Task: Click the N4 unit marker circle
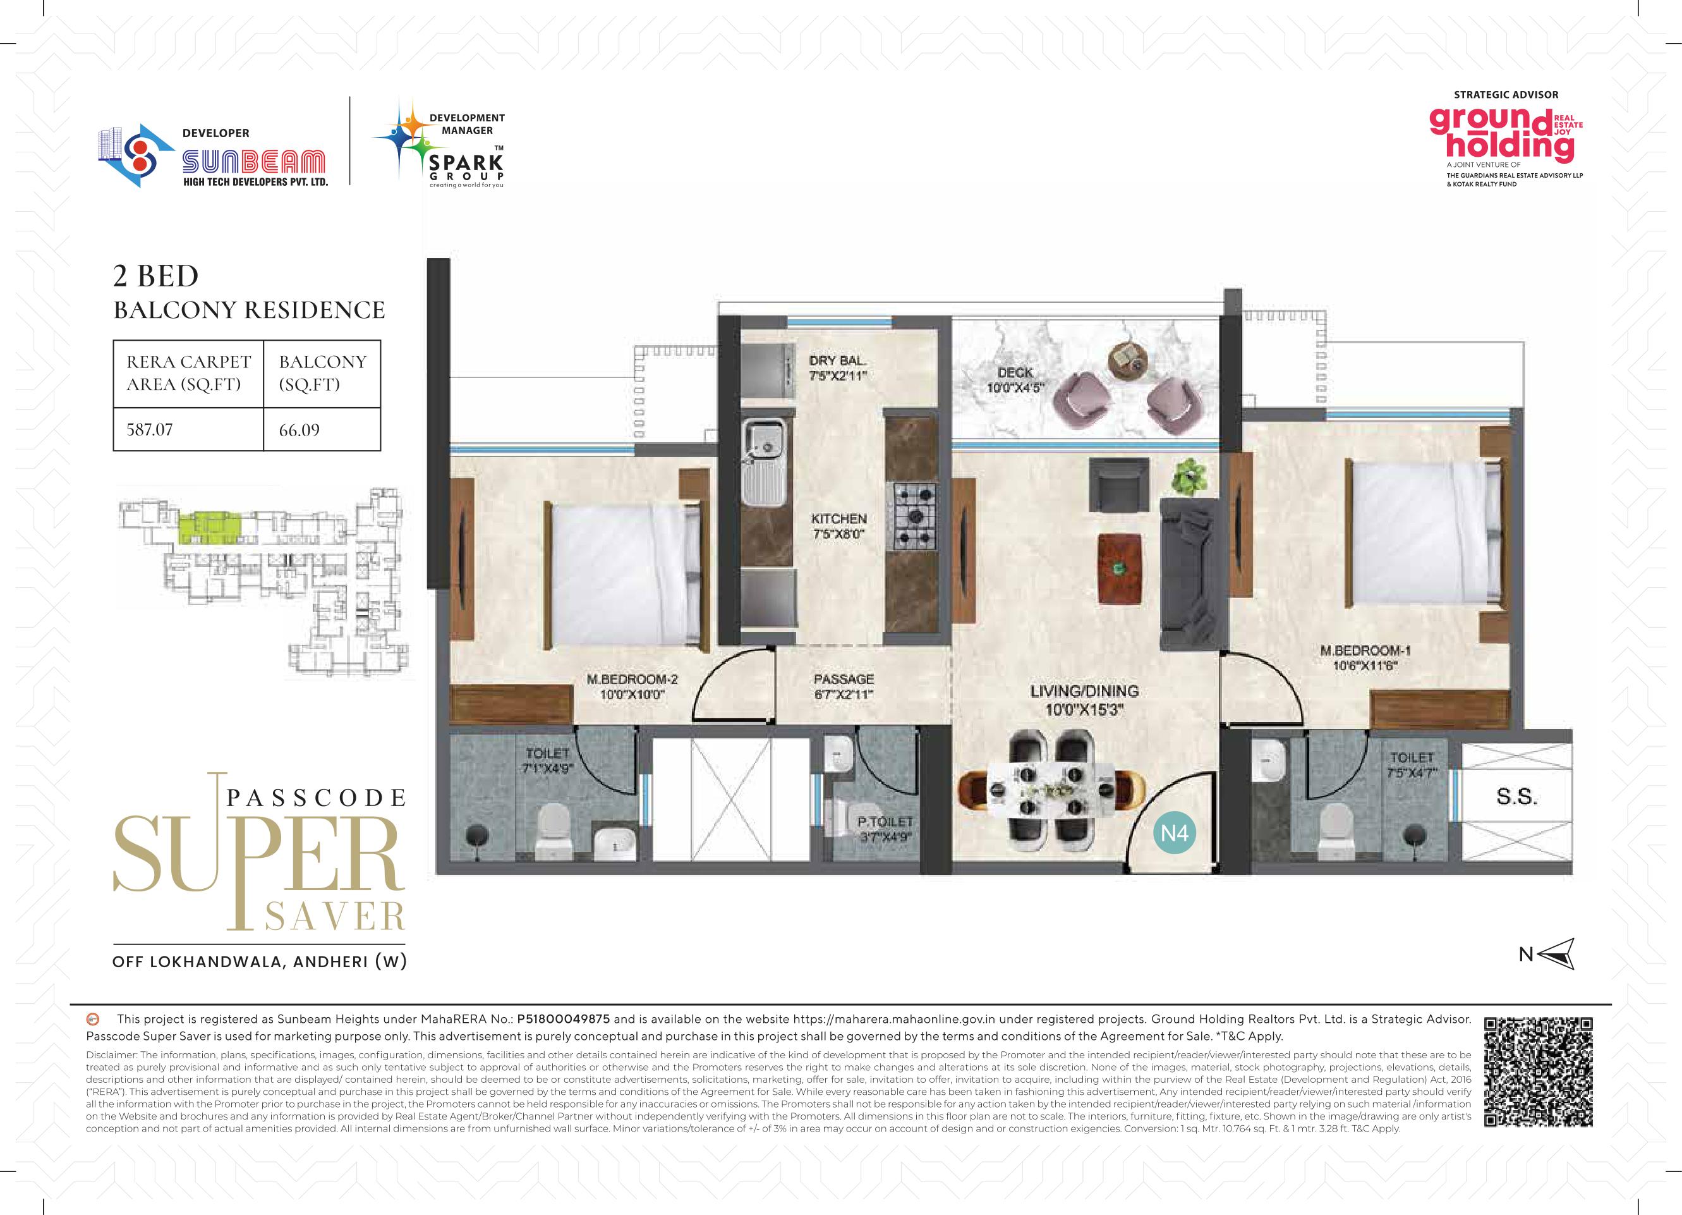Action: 1175,833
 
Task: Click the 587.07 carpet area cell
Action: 188,429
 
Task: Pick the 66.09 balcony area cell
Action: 322,429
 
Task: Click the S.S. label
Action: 1516,797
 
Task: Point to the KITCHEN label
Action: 838,518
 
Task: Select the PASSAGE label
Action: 844,679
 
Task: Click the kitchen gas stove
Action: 914,514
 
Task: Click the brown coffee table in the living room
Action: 1120,568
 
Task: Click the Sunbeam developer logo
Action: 214,156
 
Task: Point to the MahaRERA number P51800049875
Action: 563,1019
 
